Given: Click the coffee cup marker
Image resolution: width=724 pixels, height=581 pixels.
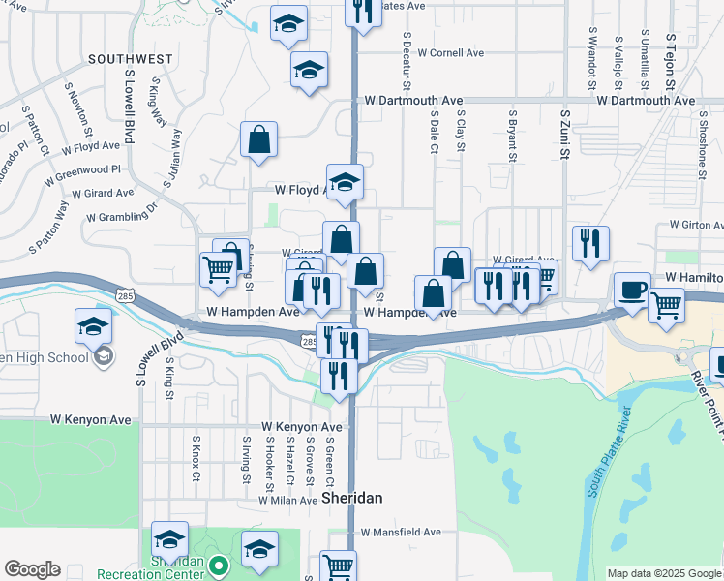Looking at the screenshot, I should point(633,290).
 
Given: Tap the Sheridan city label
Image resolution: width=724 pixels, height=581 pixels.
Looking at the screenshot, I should point(351,498).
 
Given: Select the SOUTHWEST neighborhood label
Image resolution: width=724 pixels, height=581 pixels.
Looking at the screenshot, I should point(130,59).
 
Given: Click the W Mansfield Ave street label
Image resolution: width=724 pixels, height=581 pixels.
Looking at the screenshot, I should point(401,532).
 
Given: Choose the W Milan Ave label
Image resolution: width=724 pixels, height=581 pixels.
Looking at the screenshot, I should point(287,501).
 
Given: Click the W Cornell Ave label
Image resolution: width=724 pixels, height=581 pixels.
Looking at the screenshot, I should point(450,53).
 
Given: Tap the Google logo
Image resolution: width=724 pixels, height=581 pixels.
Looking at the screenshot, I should point(32,569).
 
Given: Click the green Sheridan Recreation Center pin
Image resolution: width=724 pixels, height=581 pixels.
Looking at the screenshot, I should point(220,566).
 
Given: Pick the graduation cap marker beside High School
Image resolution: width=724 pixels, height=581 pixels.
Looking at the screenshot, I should point(93,327).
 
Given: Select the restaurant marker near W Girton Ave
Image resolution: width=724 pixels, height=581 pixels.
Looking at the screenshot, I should point(590,244).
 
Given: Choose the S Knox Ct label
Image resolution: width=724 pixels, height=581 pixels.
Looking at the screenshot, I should point(195,457).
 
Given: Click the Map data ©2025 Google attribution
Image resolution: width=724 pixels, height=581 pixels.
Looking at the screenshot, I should point(664,573).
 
